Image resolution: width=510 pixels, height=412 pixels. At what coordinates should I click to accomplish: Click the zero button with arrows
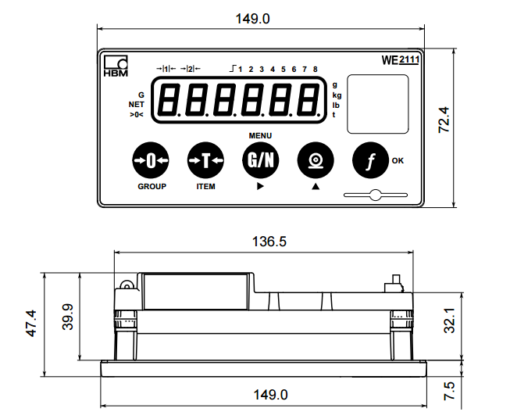[151, 160]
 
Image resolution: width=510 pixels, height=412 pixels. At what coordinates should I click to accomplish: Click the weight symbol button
[315, 160]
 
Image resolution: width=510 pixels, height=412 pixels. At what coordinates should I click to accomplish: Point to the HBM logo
[116, 66]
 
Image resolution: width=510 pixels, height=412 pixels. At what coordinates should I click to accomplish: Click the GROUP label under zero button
[152, 187]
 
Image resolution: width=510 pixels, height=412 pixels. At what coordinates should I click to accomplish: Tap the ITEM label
[205, 187]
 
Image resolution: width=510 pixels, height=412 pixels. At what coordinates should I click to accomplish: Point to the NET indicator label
[137, 104]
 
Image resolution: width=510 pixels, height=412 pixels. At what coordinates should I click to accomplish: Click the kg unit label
[337, 95]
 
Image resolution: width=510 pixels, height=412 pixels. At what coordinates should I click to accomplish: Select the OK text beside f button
[398, 161]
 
